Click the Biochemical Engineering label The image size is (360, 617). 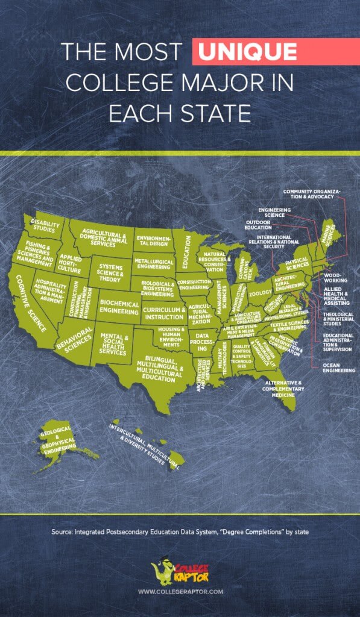pyautogui.click(x=119, y=307)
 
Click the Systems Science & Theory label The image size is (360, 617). pyautogui.click(x=110, y=272)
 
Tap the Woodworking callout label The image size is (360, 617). pyautogui.click(x=336, y=277)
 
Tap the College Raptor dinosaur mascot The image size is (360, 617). pyautogui.click(x=162, y=572)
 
